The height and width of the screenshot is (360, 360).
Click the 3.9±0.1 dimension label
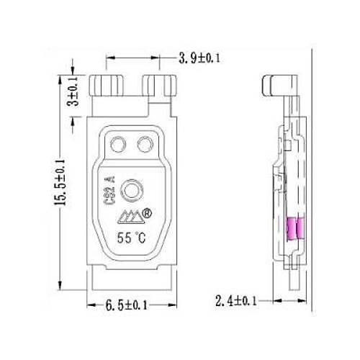pyautogui.click(x=199, y=58)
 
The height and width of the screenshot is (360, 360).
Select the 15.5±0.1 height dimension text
pyautogui.click(x=60, y=182)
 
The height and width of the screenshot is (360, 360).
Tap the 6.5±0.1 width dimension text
pyautogui.click(x=126, y=305)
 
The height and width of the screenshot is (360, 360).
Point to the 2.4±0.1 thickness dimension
pyautogui.click(x=236, y=301)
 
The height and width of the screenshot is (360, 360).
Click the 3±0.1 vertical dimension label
pyautogui.click(x=73, y=91)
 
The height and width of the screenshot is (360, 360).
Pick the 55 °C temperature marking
pyautogui.click(x=131, y=238)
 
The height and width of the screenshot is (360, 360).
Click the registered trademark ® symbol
pyautogui.click(x=147, y=213)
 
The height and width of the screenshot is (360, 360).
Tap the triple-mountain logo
pyautogui.click(x=131, y=217)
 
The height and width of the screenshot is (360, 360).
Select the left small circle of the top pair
pyautogui.click(x=118, y=144)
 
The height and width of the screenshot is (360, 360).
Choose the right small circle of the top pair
pyautogui.click(x=145, y=144)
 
